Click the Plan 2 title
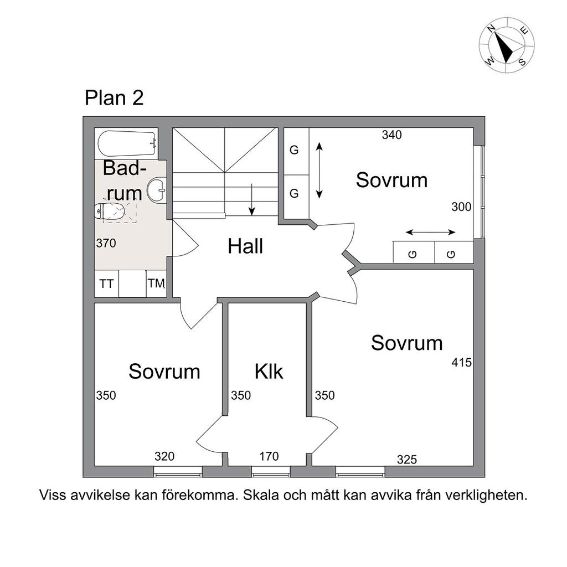tap(114, 97)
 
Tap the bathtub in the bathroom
tap(128, 143)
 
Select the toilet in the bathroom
tap(109, 211)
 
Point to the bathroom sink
tap(156, 189)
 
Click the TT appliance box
tap(106, 284)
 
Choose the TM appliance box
tap(156, 283)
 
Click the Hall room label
tap(245, 246)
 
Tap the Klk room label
tap(269, 372)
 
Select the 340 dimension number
tap(391, 135)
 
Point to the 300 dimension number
tap(461, 207)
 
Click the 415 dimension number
tap(461, 362)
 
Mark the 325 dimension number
tap(407, 460)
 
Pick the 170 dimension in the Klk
tap(269, 456)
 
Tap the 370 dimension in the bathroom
tap(106, 244)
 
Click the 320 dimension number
tap(164, 456)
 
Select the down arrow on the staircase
tap(252, 199)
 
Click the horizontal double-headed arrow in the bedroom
tap(430, 232)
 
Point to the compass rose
tap(507, 45)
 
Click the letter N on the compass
tap(491, 29)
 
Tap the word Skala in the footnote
tap(261, 495)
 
